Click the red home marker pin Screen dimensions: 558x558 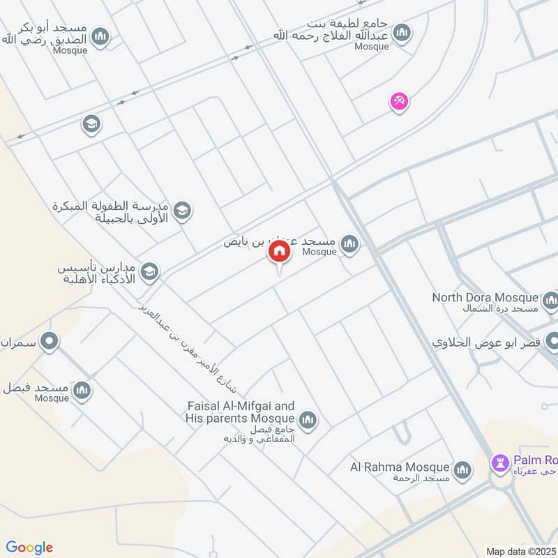(279, 252)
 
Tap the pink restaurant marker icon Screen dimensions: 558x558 (399, 102)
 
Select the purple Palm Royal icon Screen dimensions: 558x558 (500, 462)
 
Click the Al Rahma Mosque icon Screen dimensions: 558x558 (462, 471)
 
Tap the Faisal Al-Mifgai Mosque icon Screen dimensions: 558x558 (308, 420)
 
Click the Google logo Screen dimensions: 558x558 (29, 548)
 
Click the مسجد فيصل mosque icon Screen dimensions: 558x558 (82, 389)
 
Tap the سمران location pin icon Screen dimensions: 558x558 (49, 342)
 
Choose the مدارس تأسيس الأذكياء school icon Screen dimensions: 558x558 (149, 272)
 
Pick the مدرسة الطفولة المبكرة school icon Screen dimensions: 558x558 (182, 210)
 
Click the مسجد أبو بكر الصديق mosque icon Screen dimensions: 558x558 (100, 36)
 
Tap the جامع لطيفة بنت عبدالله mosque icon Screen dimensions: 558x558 (402, 32)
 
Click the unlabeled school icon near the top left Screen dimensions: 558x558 (91, 124)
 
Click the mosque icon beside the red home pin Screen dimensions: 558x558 (349, 243)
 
